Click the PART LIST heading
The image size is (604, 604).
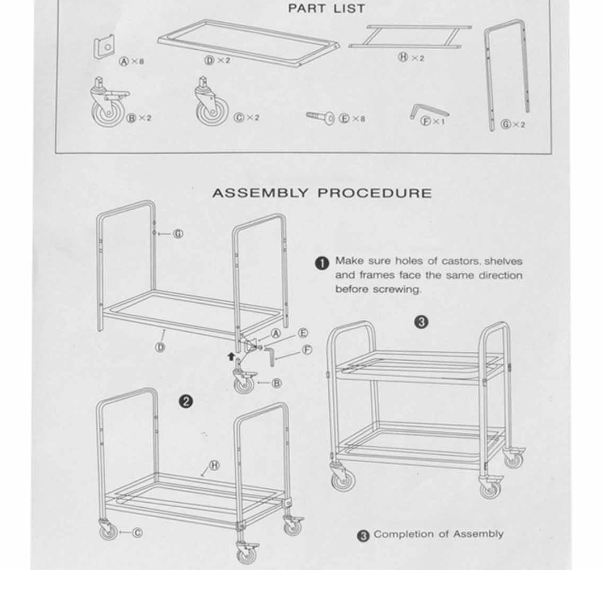point(326,8)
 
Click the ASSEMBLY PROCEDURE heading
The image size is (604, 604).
point(322,192)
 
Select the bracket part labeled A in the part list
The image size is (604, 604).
point(104,46)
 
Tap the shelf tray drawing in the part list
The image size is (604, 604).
point(249,43)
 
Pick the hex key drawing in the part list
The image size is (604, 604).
point(428,111)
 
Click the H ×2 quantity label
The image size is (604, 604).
point(411,58)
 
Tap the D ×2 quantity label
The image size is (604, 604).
point(217,60)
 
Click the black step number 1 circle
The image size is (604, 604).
point(322,263)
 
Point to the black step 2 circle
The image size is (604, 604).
point(186,402)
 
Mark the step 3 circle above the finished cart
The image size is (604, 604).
point(422,322)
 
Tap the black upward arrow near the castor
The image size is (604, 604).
point(231,356)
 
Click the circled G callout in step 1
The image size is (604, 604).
point(178,234)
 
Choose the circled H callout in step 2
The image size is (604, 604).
point(214,465)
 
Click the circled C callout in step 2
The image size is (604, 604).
point(138,533)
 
